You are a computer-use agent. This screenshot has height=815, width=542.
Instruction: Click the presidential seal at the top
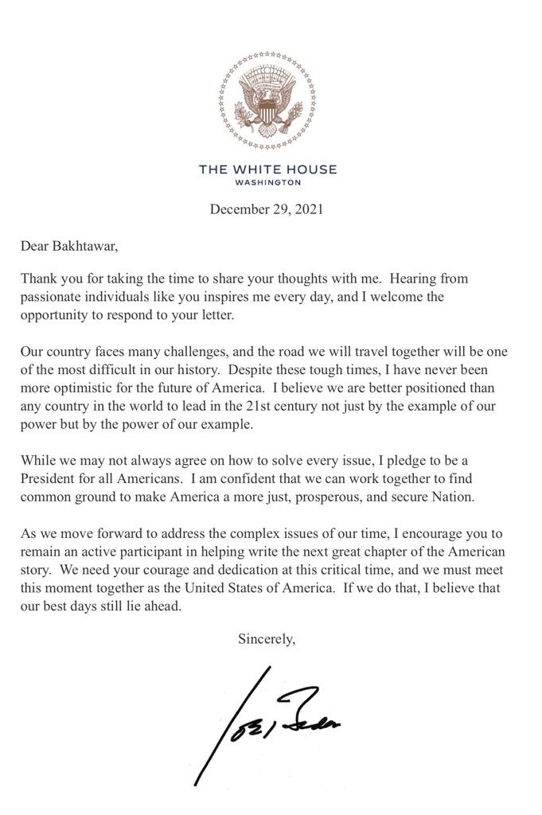coord(267,101)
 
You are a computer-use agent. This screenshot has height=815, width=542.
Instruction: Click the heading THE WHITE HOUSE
coord(267,170)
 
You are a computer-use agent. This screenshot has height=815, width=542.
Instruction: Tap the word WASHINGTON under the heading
coord(267,182)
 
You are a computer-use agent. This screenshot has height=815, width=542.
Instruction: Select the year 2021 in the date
coord(308,210)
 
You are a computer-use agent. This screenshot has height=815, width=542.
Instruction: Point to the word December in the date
coord(236,210)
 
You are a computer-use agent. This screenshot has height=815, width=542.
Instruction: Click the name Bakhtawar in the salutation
coord(84,245)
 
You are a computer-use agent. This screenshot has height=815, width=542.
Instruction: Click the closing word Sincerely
coord(267,638)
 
